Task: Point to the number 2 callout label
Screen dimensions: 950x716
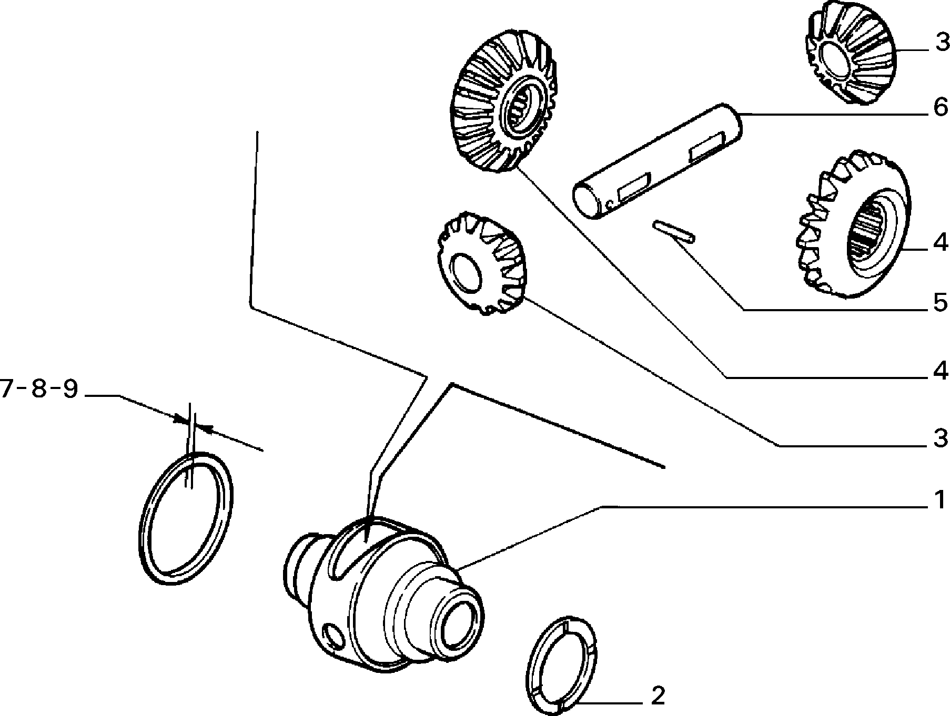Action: click(x=658, y=696)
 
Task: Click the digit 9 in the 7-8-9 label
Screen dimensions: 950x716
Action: click(x=69, y=390)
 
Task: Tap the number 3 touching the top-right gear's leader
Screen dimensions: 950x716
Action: click(x=940, y=43)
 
